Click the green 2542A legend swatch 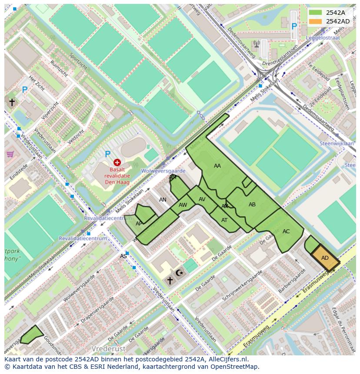(315, 13)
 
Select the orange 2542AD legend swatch (315, 21)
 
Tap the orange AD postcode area (325, 258)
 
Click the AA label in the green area (217, 166)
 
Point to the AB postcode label (252, 205)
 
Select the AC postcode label (286, 232)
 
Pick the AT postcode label (224, 220)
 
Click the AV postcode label (202, 199)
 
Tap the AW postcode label (183, 205)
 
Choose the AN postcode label (163, 200)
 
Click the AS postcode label (123, 256)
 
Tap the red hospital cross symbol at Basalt (117, 162)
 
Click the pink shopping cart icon (10, 154)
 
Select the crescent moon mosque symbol (180, 273)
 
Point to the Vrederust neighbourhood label (108, 348)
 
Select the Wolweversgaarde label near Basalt (163, 171)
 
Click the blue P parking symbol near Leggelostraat (294, 26)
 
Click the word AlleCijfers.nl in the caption (226, 359)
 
